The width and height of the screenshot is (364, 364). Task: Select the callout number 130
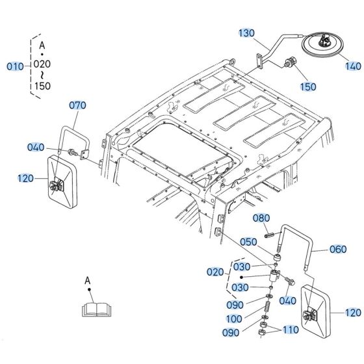(x=247, y=33)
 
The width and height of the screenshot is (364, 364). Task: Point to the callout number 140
(x=352, y=66)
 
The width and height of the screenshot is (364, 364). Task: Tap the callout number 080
(x=260, y=218)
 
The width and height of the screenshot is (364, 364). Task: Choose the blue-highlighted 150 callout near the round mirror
(x=309, y=85)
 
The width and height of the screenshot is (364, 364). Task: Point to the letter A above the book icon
(x=87, y=281)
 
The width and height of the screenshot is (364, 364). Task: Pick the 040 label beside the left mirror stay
(x=36, y=148)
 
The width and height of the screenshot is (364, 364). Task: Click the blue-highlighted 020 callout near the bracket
(x=215, y=272)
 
